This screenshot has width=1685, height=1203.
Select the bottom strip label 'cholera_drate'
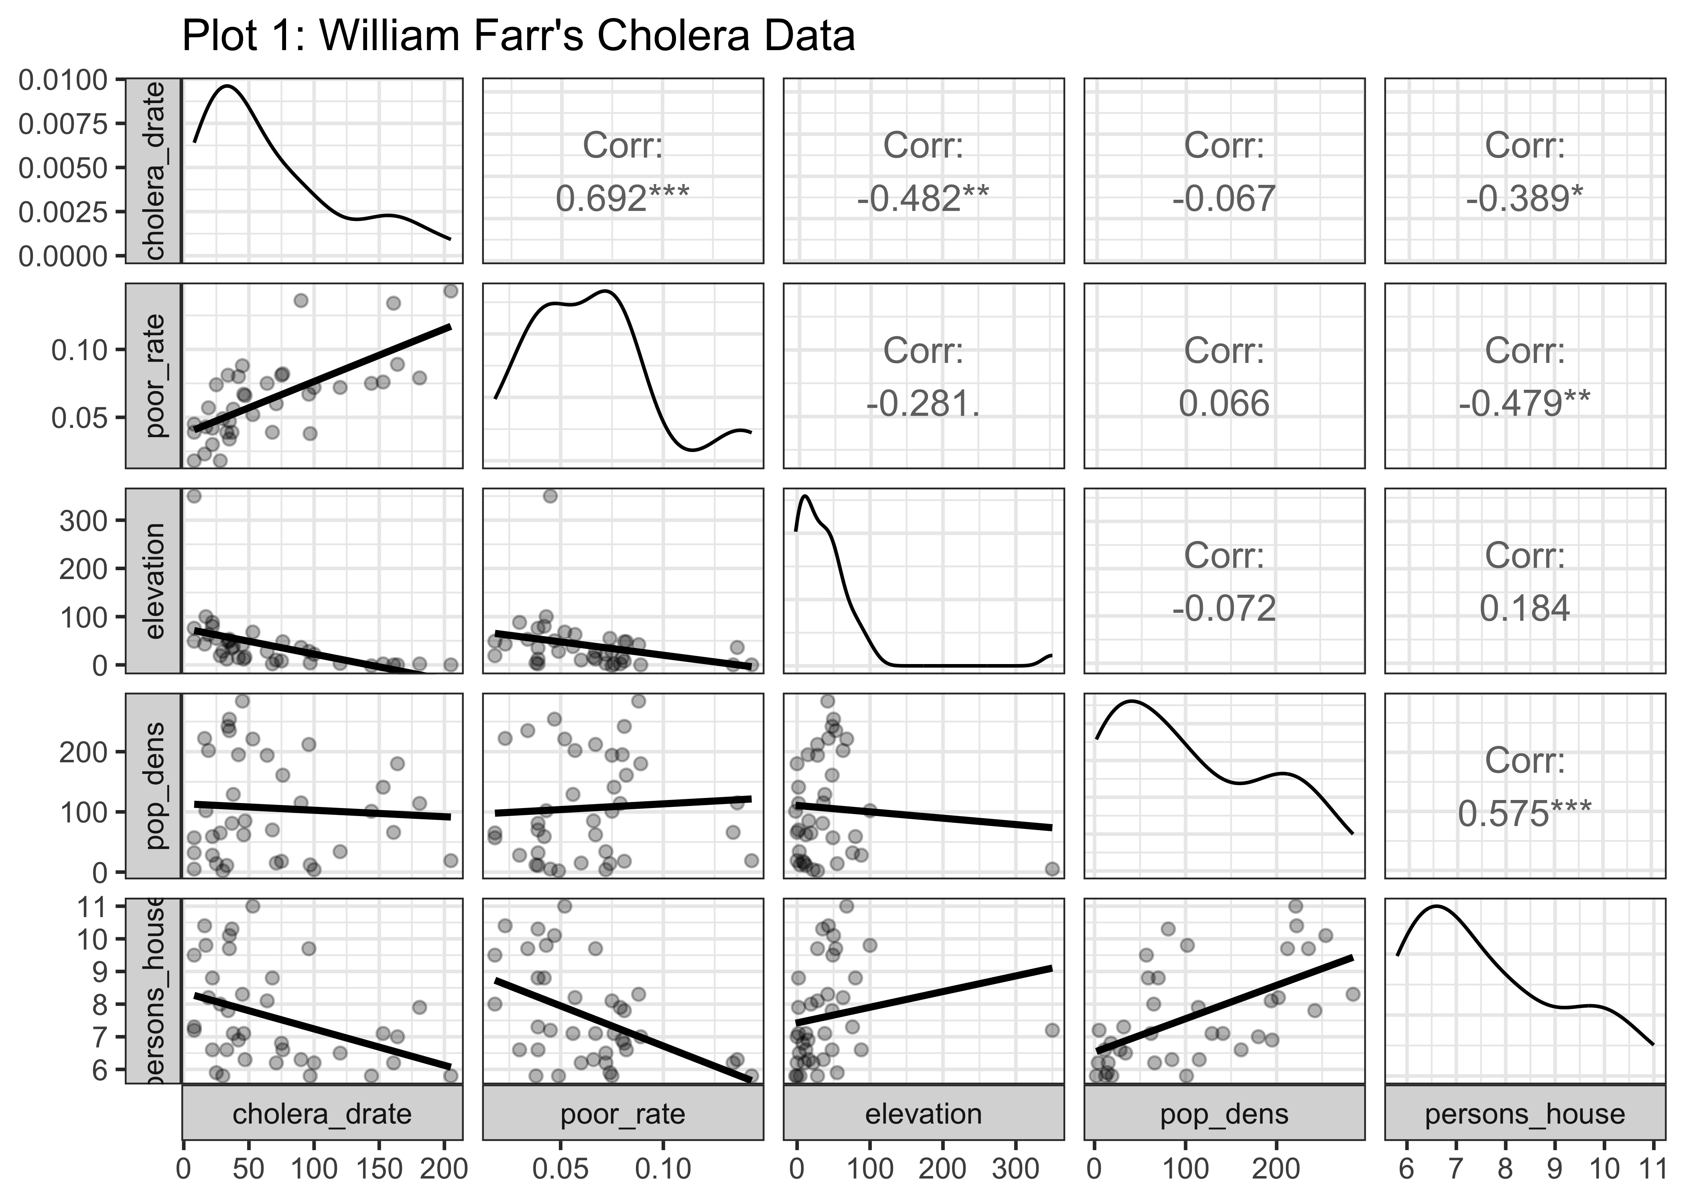pos(322,1113)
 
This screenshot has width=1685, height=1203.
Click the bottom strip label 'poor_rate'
pos(622,1113)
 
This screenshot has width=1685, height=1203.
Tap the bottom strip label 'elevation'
pos(923,1113)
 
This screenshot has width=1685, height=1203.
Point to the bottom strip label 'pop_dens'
pos(1224,1113)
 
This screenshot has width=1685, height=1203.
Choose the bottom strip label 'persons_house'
pos(1525,1113)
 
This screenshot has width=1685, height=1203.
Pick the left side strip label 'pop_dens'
pos(153,785)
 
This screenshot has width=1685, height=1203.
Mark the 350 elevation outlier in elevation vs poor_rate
pos(550,496)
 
